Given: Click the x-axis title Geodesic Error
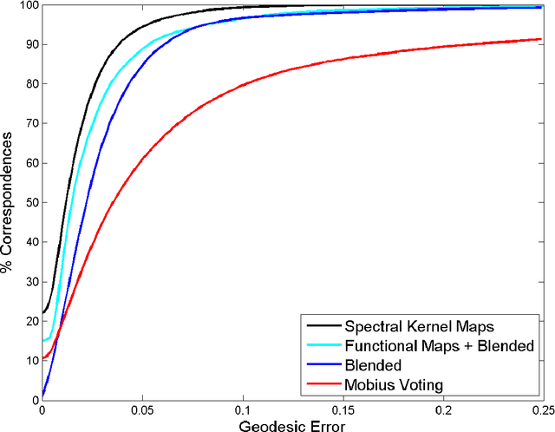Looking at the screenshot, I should (292, 423).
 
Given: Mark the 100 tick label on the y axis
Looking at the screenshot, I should (26, 6).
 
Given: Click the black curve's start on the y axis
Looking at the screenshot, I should (42, 312).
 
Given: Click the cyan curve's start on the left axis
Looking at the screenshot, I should (42, 340).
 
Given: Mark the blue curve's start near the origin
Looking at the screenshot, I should (42, 396).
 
